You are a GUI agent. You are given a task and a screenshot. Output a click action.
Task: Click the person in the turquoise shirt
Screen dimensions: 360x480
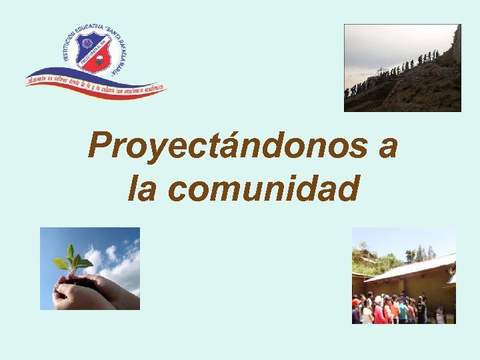(x=403, y=311)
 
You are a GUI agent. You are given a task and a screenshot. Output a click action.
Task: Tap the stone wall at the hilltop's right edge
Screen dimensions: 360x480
(x=455, y=47)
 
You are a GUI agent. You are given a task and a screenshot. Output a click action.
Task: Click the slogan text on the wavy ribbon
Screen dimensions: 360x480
(x=93, y=83)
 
